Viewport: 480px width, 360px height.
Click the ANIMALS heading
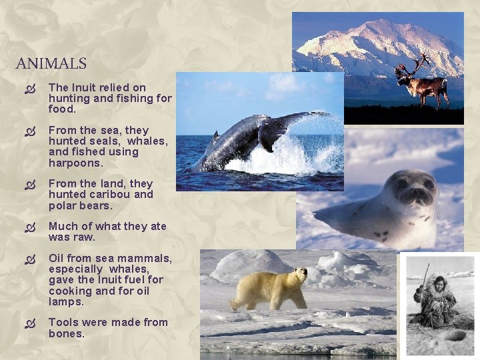[x=51, y=64]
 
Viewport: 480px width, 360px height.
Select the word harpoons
[x=76, y=162]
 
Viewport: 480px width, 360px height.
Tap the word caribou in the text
[x=113, y=194]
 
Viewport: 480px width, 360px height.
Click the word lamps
[x=66, y=301]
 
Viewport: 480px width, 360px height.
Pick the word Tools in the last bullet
[x=63, y=322]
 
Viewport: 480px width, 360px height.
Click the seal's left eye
[x=401, y=183]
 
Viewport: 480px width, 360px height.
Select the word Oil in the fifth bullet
[x=57, y=258]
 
